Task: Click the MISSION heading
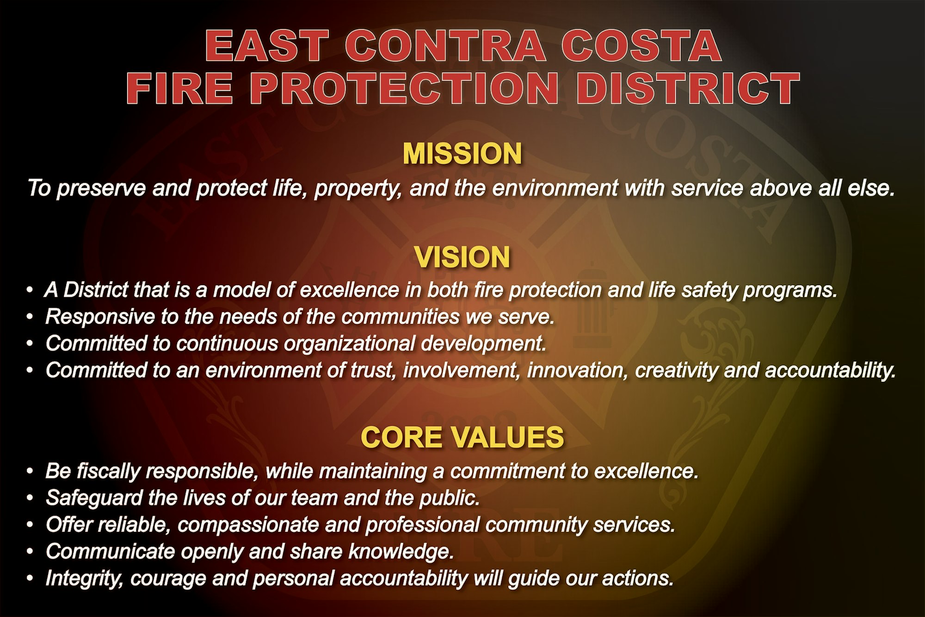point(462,154)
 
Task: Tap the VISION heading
point(462,257)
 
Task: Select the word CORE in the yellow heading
point(401,437)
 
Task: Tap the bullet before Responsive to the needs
point(30,317)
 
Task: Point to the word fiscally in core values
point(108,471)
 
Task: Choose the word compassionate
point(247,525)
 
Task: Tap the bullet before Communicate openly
point(30,552)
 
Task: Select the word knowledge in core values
point(400,552)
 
